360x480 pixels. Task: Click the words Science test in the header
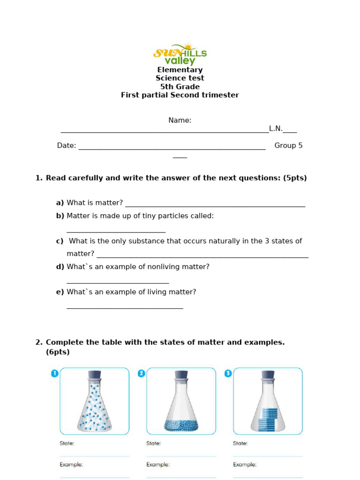click(x=180, y=78)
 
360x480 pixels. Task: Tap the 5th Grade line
click(x=180, y=87)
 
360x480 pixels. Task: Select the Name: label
click(x=180, y=120)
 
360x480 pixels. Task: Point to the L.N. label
click(x=276, y=129)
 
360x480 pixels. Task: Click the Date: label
click(x=67, y=146)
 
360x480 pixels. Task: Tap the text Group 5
click(x=288, y=146)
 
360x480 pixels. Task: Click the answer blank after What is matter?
click(x=215, y=204)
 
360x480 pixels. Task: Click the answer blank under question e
click(x=125, y=307)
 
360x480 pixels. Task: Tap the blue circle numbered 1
click(x=54, y=373)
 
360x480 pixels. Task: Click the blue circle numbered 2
click(x=141, y=373)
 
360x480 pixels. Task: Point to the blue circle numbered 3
click(x=228, y=373)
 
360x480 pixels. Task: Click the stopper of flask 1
click(x=94, y=375)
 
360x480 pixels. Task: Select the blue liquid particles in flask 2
click(x=181, y=426)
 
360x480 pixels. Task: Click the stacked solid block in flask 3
click(x=268, y=419)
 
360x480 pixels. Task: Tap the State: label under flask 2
click(x=153, y=443)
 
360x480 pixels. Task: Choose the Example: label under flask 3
click(x=245, y=465)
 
